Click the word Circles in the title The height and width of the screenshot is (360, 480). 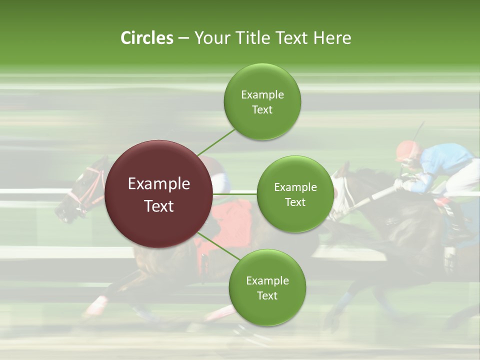pos(146,38)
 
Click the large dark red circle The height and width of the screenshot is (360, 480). pos(158,194)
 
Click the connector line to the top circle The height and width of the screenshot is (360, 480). pos(216,142)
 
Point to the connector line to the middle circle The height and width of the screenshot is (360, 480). pos(234,193)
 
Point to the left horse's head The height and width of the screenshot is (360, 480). pos(80,192)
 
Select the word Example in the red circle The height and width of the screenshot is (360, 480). pos(158,184)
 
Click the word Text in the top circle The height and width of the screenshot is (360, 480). pos(262,110)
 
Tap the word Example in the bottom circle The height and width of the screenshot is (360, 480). pos(267,280)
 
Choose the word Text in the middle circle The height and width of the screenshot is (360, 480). pos(295,202)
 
